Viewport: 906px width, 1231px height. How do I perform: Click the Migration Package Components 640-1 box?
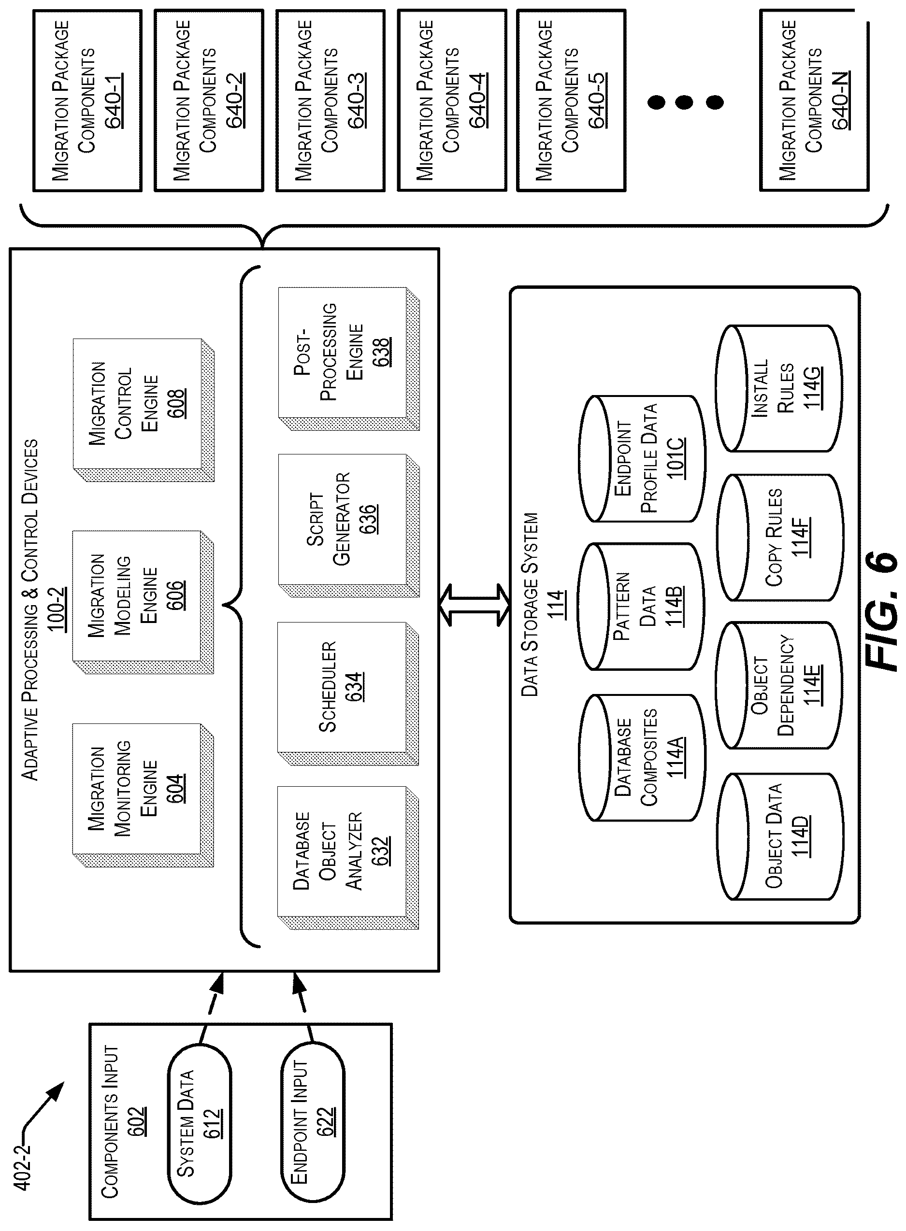87,100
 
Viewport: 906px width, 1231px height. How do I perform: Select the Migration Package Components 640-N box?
814,100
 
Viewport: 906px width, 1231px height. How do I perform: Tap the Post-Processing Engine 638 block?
349,358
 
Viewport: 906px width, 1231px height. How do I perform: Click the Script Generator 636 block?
349,525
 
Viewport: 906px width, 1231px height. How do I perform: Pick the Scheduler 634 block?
348,693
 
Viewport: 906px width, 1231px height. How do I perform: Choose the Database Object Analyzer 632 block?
348,858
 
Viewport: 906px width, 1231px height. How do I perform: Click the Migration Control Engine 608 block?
144,410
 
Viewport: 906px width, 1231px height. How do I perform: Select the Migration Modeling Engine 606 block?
143,602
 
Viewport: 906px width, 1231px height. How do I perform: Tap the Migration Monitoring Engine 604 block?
143,795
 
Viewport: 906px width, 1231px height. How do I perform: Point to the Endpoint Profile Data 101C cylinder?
641,459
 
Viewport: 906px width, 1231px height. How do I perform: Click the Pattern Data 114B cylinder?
641,607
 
